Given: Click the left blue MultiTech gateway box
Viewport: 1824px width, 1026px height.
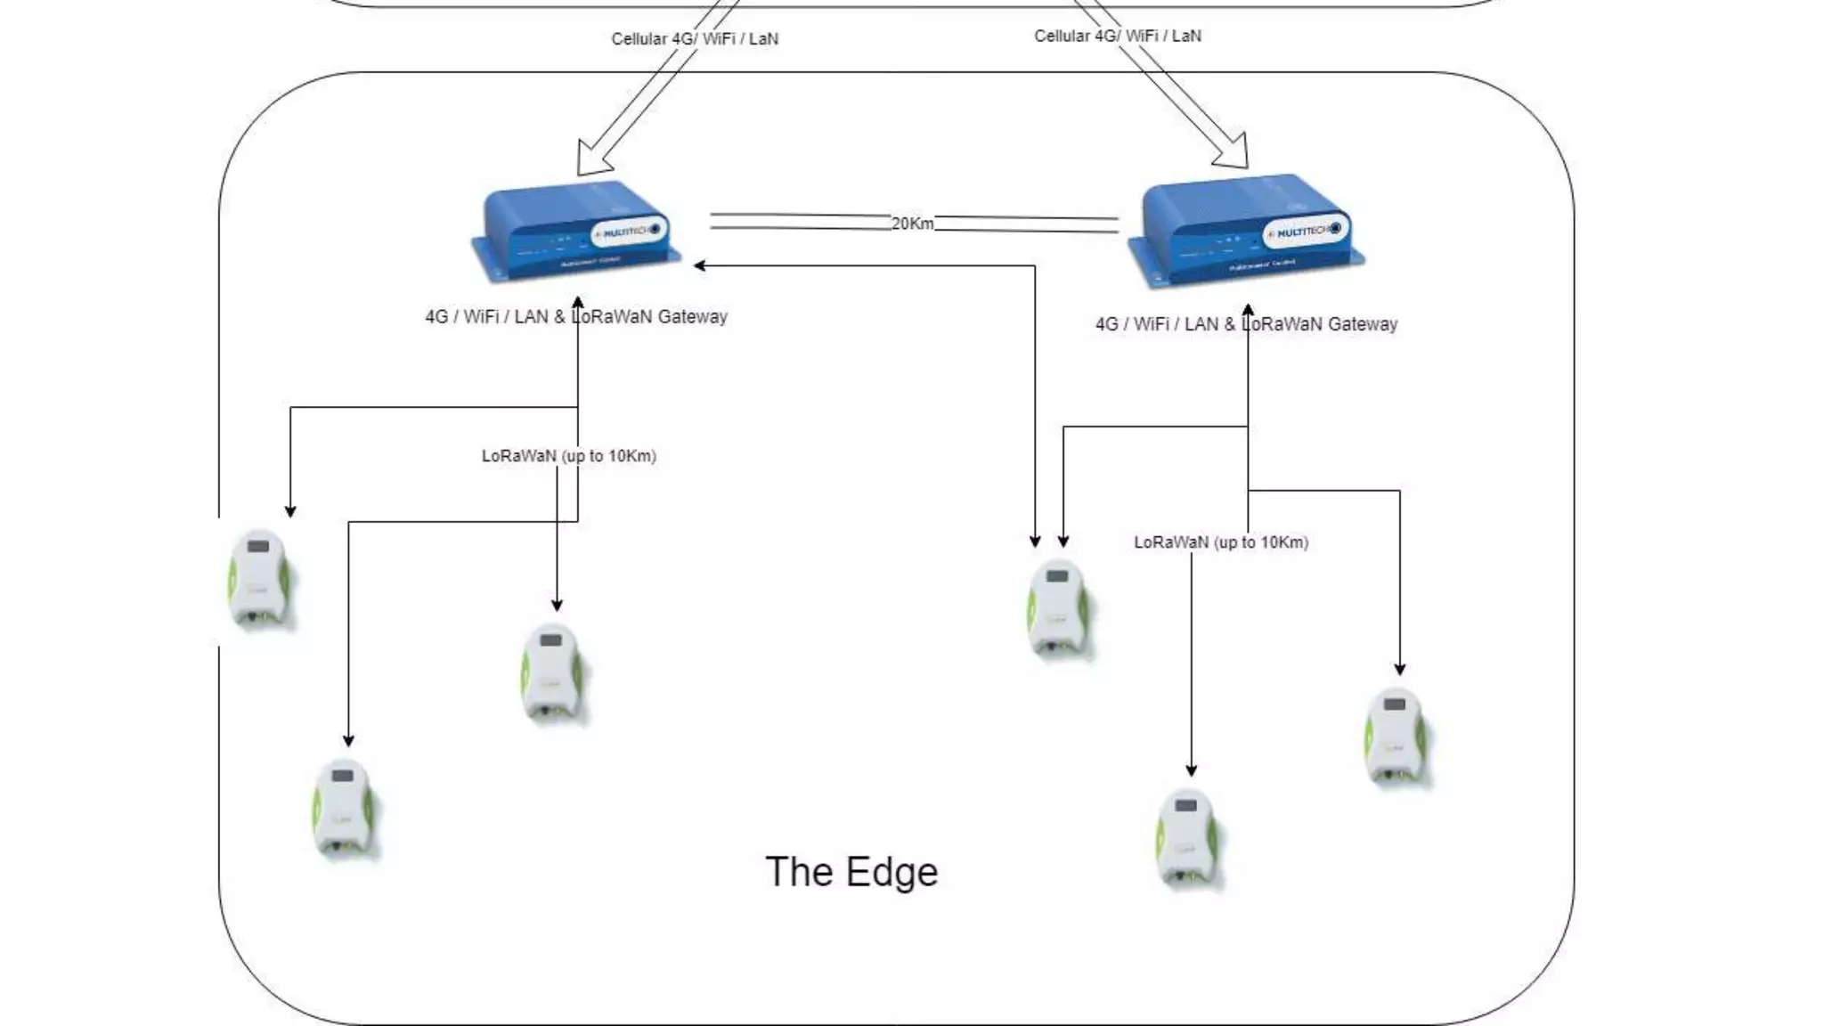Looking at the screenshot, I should point(574,232).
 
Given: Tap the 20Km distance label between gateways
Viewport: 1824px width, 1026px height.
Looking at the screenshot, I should point(912,224).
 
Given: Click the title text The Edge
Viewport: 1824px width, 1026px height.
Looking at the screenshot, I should point(851,872).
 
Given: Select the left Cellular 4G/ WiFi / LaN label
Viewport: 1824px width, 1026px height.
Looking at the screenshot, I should point(695,39).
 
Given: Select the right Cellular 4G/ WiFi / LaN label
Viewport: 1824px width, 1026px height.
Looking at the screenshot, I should point(1117,37).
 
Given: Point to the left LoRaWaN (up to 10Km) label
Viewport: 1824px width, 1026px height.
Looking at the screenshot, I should point(568,456).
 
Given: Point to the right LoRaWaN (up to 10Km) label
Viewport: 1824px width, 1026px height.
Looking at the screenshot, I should point(1220,542).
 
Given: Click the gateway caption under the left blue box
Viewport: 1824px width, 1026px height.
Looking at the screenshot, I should point(576,317).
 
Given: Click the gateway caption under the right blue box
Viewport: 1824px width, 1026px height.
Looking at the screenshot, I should point(1246,325).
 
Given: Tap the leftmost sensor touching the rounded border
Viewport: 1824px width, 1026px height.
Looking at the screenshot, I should point(258,579).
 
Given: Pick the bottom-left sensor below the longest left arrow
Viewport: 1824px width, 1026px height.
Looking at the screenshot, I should point(344,807).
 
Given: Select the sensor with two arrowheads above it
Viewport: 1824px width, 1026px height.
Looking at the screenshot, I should point(1058,608).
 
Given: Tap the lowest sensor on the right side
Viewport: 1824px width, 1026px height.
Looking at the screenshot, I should point(1186,837).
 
